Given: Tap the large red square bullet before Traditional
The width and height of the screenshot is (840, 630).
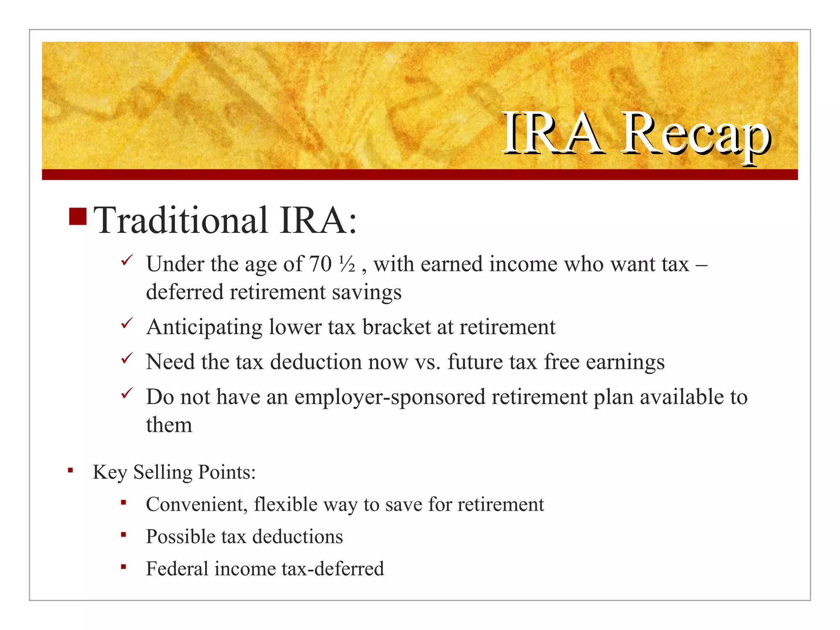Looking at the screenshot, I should [78, 217].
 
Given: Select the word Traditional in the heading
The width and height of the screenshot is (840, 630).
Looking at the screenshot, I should [181, 221].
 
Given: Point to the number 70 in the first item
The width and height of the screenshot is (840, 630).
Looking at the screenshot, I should [320, 264].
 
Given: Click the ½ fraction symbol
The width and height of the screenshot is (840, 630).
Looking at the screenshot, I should [347, 265].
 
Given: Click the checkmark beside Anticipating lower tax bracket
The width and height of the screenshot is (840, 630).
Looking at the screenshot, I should [127, 323].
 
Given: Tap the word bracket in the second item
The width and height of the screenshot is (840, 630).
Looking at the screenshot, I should [396, 327].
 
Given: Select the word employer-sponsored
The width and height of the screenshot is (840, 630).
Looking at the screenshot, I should [390, 397].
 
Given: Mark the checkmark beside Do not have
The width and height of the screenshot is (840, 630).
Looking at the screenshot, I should [127, 393].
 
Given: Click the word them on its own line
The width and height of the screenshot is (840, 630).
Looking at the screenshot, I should [169, 425].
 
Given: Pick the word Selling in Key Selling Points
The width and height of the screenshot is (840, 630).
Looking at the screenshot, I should [163, 472].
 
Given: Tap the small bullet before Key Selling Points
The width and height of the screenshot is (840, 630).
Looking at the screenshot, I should [71, 470].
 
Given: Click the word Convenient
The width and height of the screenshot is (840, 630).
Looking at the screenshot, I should [196, 504].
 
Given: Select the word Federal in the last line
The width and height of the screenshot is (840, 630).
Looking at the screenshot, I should [177, 569].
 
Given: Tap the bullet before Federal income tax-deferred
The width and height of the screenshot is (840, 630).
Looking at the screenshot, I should [123, 567].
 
